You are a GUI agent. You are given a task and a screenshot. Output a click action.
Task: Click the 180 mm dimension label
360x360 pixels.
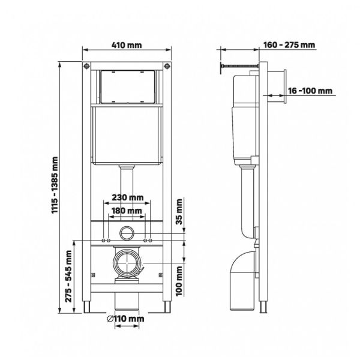coord(126,211)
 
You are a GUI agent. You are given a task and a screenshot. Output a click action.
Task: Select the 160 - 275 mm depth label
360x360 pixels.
coord(289,44)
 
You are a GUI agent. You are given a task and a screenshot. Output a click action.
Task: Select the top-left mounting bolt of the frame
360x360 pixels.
coord(87,65)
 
